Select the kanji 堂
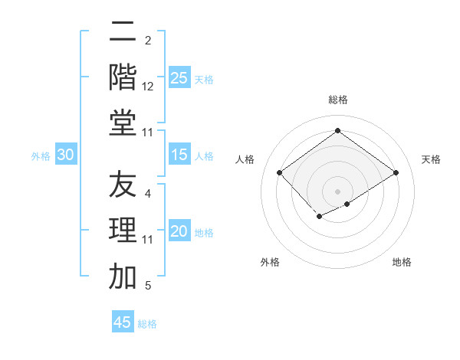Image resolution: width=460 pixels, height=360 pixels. pos(123,123)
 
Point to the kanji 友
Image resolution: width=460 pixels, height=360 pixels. pos(123,185)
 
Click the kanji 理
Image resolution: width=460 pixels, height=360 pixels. pos(123,231)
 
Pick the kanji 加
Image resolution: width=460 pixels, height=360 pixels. pos(123,277)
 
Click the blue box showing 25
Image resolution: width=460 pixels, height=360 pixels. pos(179,77)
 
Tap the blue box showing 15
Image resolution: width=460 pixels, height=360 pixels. pos(179,155)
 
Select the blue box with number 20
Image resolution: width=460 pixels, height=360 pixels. pos(179,231)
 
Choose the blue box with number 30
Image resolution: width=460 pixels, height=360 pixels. pos(65,155)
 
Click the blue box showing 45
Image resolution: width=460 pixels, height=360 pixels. pos(123,322)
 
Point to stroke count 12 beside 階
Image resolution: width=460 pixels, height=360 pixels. pos(148,87)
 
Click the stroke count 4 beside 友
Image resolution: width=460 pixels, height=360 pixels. pos(148,194)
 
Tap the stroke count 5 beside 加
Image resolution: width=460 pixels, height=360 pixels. pos(148,286)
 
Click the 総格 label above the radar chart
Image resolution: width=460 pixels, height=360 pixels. pos(337,100)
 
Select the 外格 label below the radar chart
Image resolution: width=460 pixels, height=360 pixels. pos(270,262)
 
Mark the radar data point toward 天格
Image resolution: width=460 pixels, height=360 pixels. pos(396,173)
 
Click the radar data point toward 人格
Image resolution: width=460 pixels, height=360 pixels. pos(279,173)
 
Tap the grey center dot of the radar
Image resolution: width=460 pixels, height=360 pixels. pos(337,191)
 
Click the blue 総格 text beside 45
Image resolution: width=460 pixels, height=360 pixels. pos(147,324)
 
